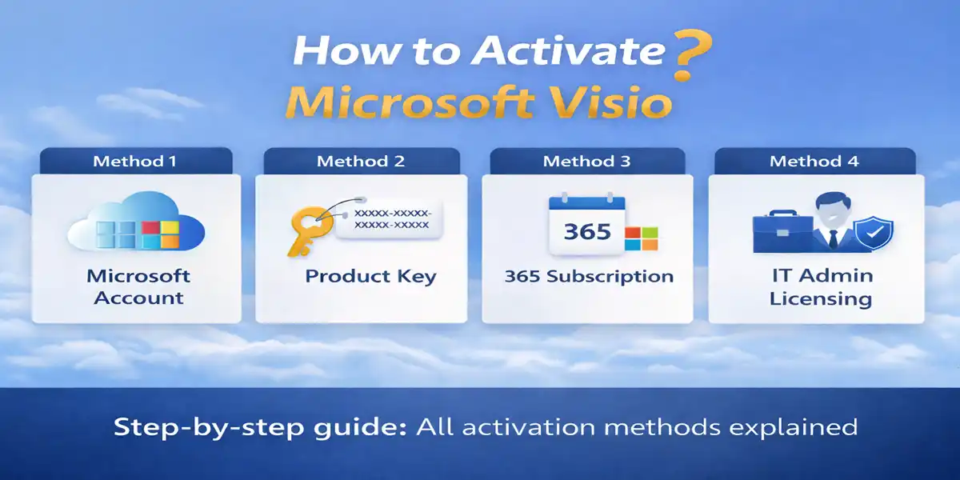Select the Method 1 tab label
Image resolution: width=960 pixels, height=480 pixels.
pos(134,162)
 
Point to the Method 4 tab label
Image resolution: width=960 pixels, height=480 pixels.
pos(814,162)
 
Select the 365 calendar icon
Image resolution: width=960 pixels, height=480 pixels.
pos(586,226)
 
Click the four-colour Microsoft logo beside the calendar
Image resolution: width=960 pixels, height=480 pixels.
pos(641,238)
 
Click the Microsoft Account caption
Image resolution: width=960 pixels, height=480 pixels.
pos(138,287)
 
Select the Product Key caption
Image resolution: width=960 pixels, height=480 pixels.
pos(370,277)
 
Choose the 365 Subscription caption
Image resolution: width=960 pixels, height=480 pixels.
pos(589,277)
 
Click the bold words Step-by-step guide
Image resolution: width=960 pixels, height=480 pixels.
pos(261,426)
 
